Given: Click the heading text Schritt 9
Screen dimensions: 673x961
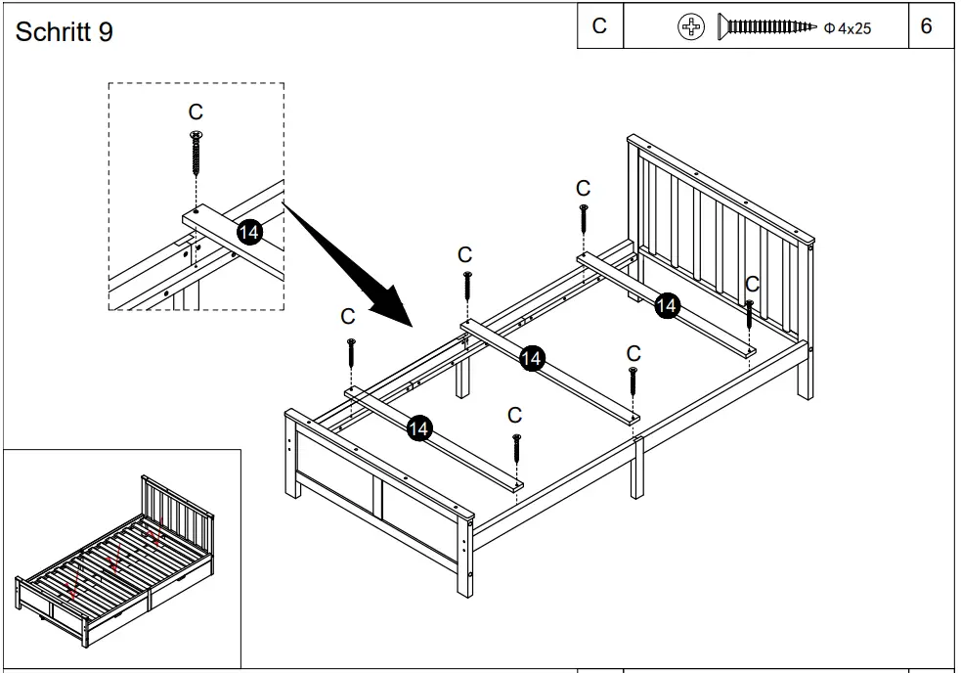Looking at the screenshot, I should pos(65,32).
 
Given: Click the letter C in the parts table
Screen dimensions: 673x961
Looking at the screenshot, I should pos(599,26).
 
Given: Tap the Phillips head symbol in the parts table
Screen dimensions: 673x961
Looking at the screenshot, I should pos(691,27).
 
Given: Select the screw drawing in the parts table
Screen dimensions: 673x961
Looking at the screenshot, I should pos(766,27).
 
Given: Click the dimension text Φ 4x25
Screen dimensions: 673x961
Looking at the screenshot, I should pos(848,28).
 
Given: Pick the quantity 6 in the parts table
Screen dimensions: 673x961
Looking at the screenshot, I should pos(927,26).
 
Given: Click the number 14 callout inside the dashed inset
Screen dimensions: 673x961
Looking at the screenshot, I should pos(249,232).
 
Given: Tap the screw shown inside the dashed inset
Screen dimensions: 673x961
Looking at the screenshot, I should pos(196,152).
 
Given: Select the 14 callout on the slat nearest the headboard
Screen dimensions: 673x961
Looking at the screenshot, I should pos(666,305).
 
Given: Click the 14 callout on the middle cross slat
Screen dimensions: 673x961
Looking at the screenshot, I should pos(531,358).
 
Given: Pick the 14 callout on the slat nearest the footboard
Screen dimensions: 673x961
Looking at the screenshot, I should pos(418,427).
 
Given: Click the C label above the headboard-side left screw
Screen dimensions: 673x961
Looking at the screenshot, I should pos(583,188).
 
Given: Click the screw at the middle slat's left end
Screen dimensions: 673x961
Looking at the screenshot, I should pos(467,288).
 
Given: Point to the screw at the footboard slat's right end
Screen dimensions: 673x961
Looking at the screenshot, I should pos(516,449).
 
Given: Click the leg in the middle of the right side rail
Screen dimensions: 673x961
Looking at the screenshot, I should pos(637,470).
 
